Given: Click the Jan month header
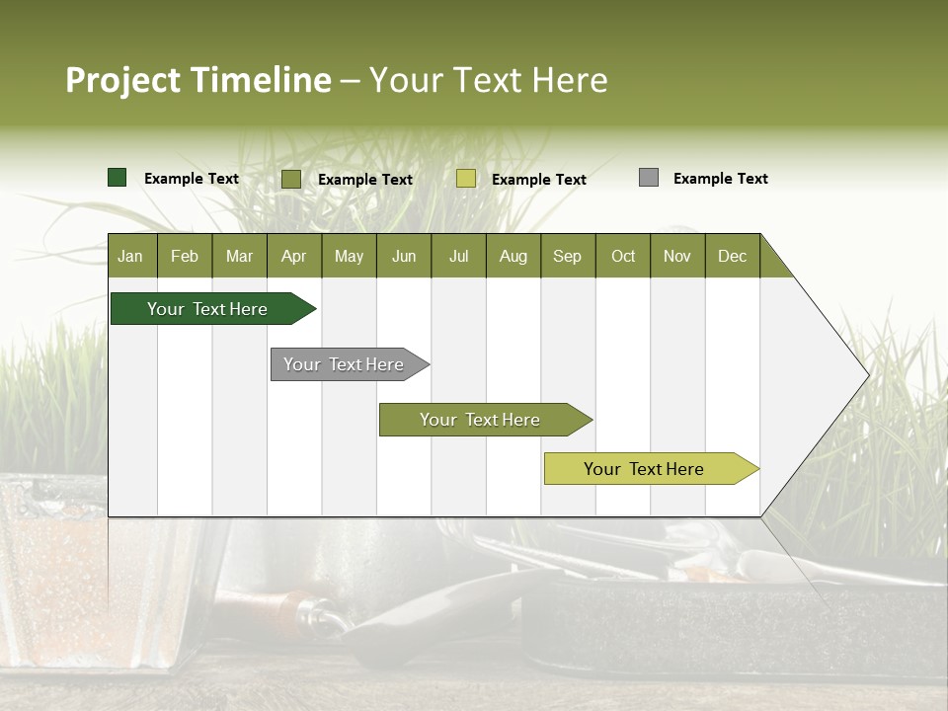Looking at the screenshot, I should [x=131, y=256].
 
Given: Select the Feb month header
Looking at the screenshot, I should [x=185, y=256].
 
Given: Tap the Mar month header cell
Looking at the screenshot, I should [x=239, y=256].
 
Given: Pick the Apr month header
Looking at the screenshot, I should [x=294, y=256].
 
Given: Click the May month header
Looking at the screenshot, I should [x=349, y=256].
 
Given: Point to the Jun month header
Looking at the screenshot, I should [x=404, y=256].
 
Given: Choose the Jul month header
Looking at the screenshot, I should [x=458, y=256].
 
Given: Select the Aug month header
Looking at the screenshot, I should [x=513, y=256].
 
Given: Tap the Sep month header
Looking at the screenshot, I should [x=568, y=256].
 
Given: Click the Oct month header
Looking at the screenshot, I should [x=623, y=256].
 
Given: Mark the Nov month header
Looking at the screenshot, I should [x=677, y=256].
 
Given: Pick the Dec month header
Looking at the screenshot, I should [x=733, y=256].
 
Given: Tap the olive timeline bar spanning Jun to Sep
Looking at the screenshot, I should [x=481, y=420].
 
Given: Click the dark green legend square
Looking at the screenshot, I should [x=118, y=178].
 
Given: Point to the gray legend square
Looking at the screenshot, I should [x=649, y=178].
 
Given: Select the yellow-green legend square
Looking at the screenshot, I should [x=466, y=179].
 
